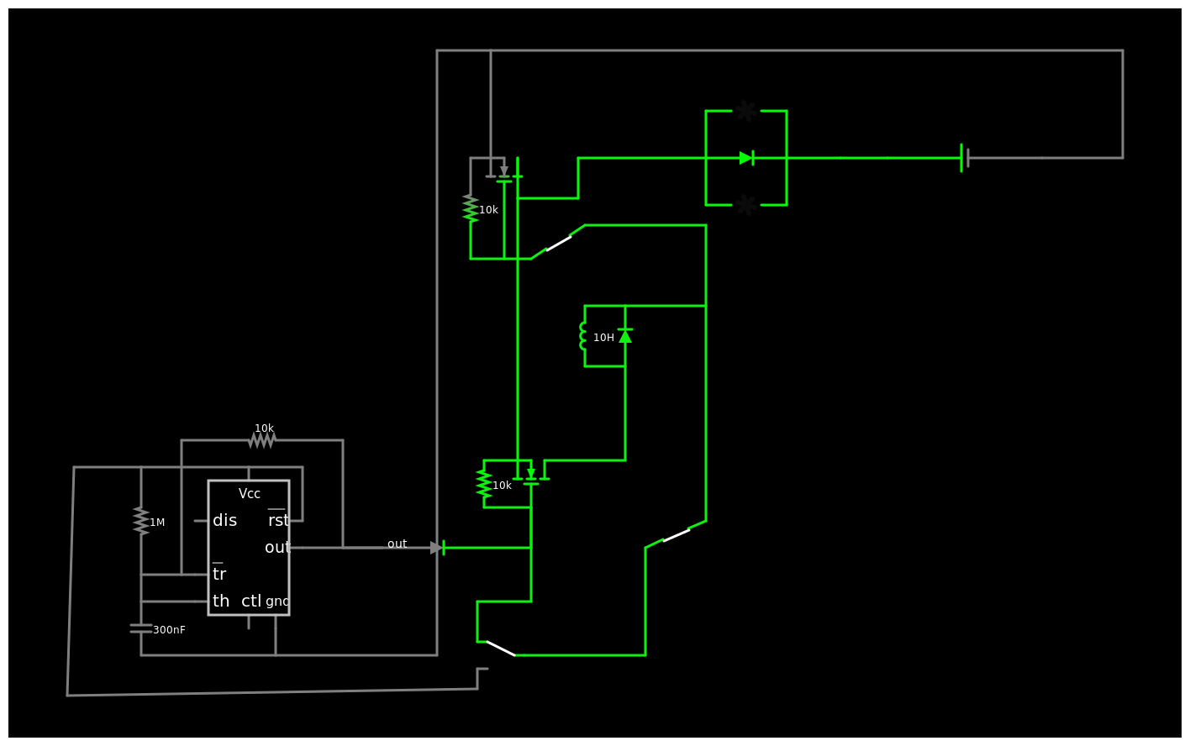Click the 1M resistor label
(157, 523)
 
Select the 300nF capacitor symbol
(141, 628)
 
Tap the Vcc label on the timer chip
(249, 494)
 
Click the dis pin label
(224, 520)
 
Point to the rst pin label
(278, 520)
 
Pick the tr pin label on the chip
(219, 574)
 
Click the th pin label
(221, 601)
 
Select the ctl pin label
(251, 601)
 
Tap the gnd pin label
(277, 602)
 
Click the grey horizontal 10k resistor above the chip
(262, 440)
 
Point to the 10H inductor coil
(582, 336)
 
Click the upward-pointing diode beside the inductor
(625, 336)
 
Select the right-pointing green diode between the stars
(746, 158)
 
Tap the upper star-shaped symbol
(746, 111)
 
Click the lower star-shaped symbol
(746, 205)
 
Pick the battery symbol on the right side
(965, 158)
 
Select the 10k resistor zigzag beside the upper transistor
(471, 208)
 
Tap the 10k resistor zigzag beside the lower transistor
(484, 484)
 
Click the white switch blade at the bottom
(501, 649)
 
